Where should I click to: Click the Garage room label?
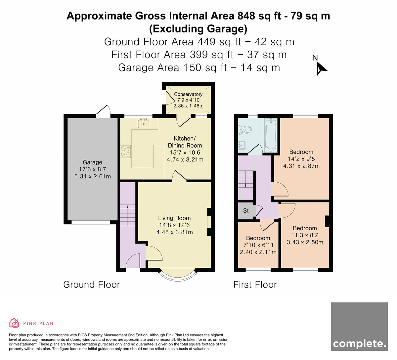pyautogui.click(x=92, y=162)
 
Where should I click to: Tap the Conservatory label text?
pyautogui.click(x=188, y=94)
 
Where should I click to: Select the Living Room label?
pyautogui.click(x=174, y=218)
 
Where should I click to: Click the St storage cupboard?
pyautogui.click(x=246, y=211)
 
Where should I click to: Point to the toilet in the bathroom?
pyautogui.click(x=245, y=130)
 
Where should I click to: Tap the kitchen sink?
pyautogui.click(x=144, y=123)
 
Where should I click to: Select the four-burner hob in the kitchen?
pyautogui.click(x=126, y=152)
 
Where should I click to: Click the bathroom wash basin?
pyautogui.click(x=242, y=145)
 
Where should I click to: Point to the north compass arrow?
pyautogui.click(x=321, y=68)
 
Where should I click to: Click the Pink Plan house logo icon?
pyautogui.click(x=14, y=323)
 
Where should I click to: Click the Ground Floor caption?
pyautogui.click(x=91, y=285)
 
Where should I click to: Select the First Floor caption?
pyautogui.click(x=255, y=285)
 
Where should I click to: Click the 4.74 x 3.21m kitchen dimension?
pyautogui.click(x=185, y=159)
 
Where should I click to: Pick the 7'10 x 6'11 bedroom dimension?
pyautogui.click(x=258, y=245)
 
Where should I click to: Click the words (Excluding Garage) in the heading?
pyautogui.click(x=198, y=29)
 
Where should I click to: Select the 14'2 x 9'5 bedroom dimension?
pyautogui.click(x=301, y=159)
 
